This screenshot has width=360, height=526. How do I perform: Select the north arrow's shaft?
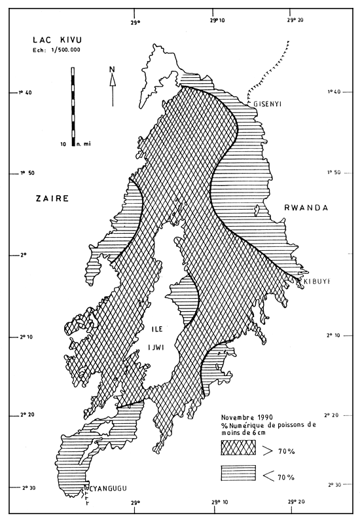[113, 92]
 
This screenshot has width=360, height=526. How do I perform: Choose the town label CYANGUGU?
[106, 488]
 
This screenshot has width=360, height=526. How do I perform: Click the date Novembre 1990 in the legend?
[247, 417]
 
